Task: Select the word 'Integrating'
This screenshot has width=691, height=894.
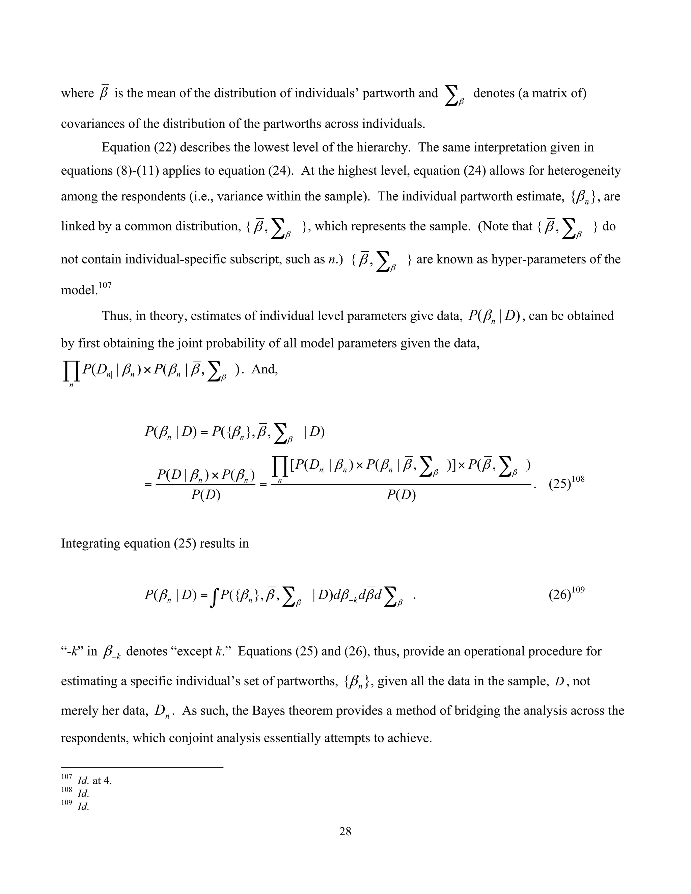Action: pyautogui.click(x=89, y=543)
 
